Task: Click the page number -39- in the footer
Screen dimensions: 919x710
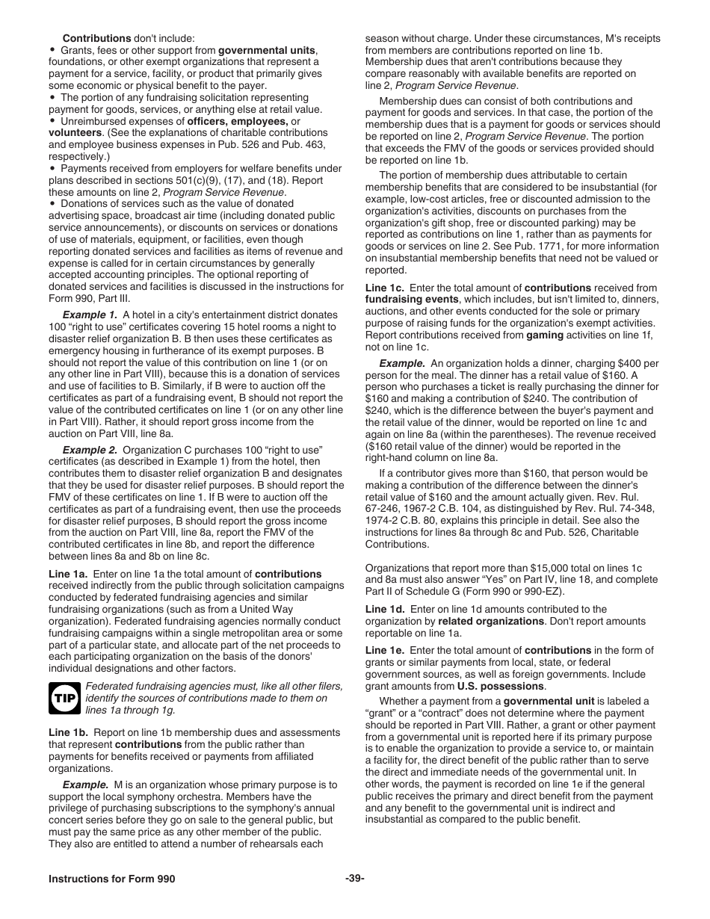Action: pyautogui.click(x=355, y=879)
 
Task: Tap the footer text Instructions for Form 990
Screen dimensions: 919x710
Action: pyautogui.click(x=112, y=879)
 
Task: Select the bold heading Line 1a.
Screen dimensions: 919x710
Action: pyautogui.click(x=68, y=574)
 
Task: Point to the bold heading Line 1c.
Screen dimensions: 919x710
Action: pyautogui.click(x=384, y=288)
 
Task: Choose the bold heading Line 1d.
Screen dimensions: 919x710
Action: pyautogui.click(x=385, y=609)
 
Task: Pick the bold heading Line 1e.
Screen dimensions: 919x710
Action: pyautogui.click(x=385, y=651)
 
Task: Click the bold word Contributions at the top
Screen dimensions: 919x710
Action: pyautogui.click(x=96, y=37)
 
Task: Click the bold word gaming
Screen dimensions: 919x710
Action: pyautogui.click(x=545, y=335)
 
